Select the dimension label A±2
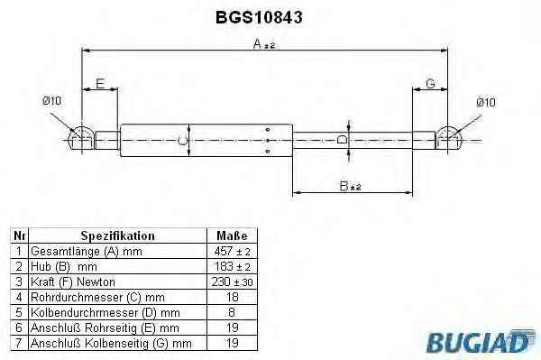pyautogui.click(x=263, y=43)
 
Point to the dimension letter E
pyautogui.click(x=101, y=83)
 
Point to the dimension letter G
pyautogui.click(x=430, y=83)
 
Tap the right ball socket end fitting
pyautogui.click(x=448, y=138)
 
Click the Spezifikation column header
pyautogui.click(x=117, y=235)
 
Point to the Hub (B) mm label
pyautogui.click(x=63, y=266)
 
